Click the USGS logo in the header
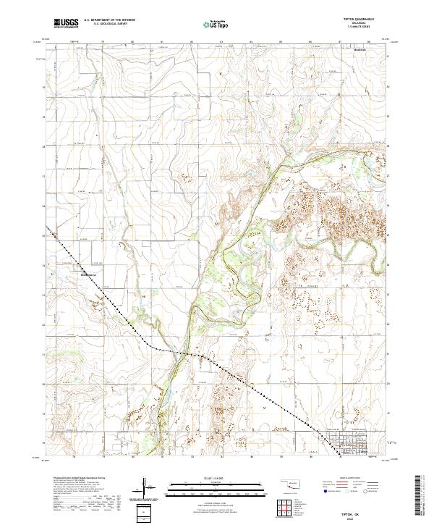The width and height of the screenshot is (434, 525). tap(66, 23)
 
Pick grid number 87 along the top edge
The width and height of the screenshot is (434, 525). tap(339, 42)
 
